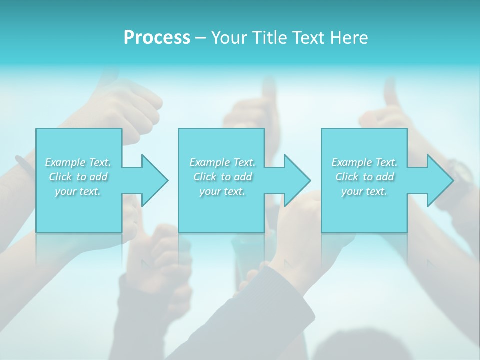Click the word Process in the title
[157, 38]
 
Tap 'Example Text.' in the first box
[78, 162]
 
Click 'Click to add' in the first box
[78, 177]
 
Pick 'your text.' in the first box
[78, 191]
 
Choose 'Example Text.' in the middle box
[222, 162]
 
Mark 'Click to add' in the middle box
[222, 177]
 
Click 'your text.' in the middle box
[222, 191]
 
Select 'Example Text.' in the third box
[364, 162]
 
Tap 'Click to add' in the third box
[364, 177]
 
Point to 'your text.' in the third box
[364, 191]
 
